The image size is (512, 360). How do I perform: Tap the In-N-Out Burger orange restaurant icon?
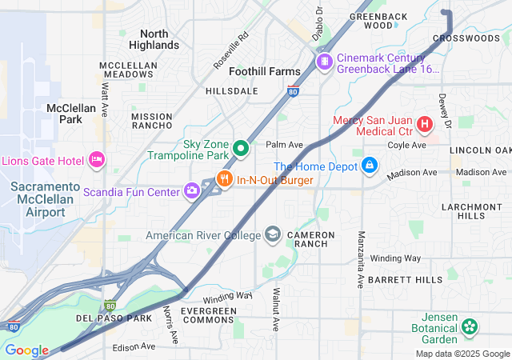click(225, 179)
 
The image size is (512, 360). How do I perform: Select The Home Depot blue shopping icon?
click(369, 166)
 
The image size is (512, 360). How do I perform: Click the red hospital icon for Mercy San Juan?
click(423, 124)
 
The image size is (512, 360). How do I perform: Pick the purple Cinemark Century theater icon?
click(324, 62)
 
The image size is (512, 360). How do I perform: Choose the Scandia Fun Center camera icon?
click(192, 190)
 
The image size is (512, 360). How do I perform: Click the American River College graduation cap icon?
click(273, 234)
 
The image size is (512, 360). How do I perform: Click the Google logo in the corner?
click(26, 350)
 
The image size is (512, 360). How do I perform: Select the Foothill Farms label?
click(264, 71)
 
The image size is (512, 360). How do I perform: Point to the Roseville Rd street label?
click(233, 50)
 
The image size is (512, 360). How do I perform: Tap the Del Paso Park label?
click(114, 318)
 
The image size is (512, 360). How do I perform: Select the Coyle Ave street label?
click(407, 145)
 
